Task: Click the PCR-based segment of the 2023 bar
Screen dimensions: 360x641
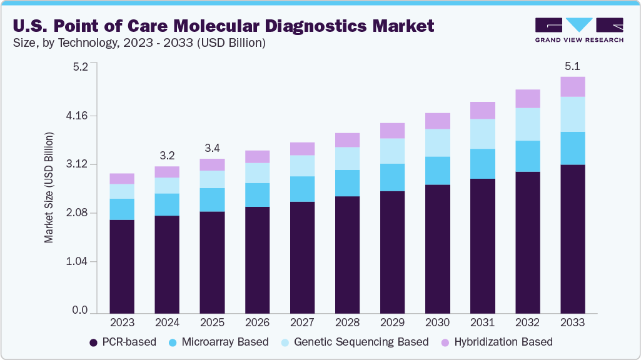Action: (122, 266)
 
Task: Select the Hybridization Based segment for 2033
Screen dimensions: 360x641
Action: (572, 87)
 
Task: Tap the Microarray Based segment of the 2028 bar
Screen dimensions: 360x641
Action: (347, 183)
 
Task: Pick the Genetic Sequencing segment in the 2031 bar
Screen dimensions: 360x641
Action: (482, 134)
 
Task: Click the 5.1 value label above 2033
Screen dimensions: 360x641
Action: (572, 66)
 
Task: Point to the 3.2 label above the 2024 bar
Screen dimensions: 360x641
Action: (167, 155)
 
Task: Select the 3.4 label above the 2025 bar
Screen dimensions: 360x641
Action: (212, 148)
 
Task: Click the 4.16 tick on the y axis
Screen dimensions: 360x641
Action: (78, 116)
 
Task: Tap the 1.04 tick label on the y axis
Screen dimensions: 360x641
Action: (78, 261)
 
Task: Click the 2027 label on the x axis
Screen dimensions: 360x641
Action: (302, 322)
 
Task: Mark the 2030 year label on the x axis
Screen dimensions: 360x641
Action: (437, 322)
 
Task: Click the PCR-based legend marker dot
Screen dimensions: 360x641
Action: (94, 342)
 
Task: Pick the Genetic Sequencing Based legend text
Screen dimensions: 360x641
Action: (361, 342)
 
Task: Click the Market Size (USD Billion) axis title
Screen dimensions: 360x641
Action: (49, 187)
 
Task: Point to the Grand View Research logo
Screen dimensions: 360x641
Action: (578, 29)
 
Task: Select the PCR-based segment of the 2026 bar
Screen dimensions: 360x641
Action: (257, 260)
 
